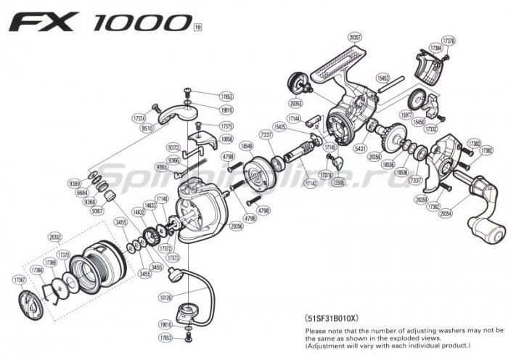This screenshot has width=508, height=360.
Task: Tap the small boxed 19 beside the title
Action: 197,29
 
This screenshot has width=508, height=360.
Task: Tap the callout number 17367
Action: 18,279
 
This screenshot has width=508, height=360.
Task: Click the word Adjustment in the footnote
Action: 324,345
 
